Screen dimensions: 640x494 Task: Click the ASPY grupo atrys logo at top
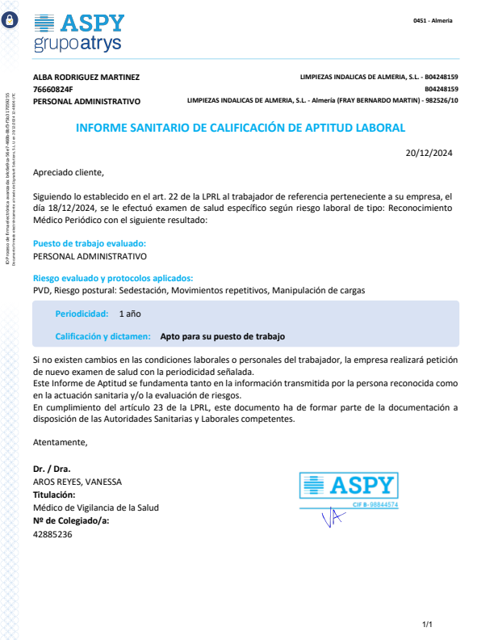(80, 32)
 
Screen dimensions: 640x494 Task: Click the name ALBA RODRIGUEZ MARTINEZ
(86, 78)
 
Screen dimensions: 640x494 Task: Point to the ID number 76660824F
(53, 90)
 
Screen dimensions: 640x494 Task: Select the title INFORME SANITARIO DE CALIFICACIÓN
(241, 128)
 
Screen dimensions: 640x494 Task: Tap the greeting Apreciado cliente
(69, 172)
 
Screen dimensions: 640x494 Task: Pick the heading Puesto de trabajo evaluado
(90, 243)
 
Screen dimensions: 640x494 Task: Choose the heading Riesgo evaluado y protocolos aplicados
(113, 277)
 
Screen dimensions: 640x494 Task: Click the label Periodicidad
(82, 313)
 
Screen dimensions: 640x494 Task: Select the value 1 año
(130, 313)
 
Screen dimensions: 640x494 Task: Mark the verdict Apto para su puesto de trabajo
(223, 335)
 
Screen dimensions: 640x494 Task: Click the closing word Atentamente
(61, 442)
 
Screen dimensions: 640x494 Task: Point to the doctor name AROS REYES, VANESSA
(77, 482)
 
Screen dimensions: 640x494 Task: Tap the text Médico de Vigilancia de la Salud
(96, 507)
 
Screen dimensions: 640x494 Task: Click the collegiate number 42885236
(52, 534)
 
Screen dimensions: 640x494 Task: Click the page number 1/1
(428, 624)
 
